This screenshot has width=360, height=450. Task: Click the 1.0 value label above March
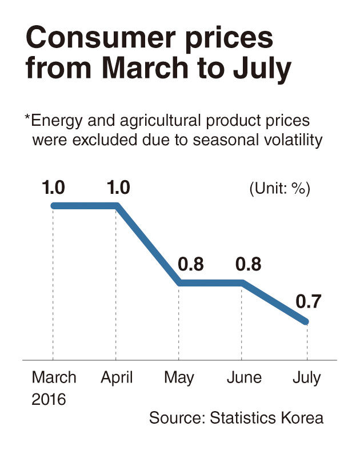53,188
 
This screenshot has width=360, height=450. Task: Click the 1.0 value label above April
118,188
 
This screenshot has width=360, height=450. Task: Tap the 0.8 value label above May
191,264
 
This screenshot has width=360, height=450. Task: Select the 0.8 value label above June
249,264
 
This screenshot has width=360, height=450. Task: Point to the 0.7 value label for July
308,301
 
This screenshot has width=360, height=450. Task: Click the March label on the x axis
54,377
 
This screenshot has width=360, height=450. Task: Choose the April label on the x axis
117,378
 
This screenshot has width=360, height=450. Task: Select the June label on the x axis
244,377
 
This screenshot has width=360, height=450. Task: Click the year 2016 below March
49,399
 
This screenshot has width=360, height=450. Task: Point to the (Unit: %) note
279,189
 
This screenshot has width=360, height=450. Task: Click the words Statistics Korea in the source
266,417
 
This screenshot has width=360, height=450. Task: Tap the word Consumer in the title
101,38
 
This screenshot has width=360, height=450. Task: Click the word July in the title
262,69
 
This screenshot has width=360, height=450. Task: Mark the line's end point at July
306,321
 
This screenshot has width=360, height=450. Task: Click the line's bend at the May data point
179,283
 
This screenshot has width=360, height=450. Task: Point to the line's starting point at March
54,206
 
